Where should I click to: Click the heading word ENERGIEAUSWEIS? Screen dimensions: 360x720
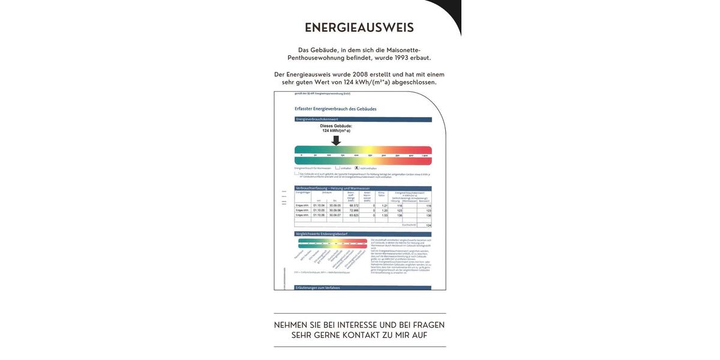tap(359, 28)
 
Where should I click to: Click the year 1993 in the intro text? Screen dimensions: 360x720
tap(402, 58)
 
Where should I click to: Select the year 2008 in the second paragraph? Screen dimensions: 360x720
tap(360, 74)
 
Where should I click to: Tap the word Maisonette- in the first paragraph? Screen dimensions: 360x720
tap(403, 50)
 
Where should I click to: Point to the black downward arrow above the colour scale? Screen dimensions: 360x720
tap(336, 140)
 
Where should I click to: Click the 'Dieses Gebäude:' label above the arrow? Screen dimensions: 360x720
tap(336, 126)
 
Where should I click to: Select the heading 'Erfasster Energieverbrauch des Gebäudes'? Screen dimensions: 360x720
tap(335, 109)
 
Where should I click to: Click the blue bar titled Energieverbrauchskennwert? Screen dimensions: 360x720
tap(363, 119)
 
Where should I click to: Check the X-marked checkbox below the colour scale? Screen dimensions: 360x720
tap(356, 168)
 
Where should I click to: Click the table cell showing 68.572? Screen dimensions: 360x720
tap(353, 205)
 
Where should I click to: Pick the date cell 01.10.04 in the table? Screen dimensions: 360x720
tap(319, 205)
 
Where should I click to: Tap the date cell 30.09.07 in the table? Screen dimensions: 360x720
tap(335, 215)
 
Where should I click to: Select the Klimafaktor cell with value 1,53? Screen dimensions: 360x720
tap(385, 215)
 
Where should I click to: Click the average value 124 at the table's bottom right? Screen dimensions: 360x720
tap(428, 225)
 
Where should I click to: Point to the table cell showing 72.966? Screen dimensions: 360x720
tap(353, 210)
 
